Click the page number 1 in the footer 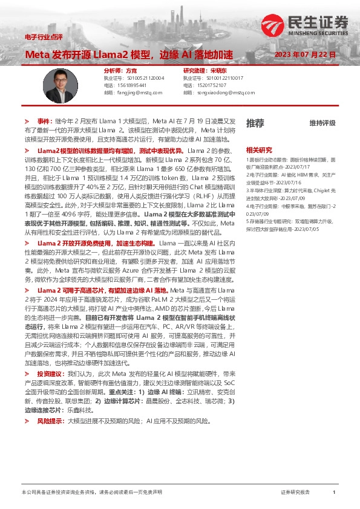pyautogui.click(x=333, y=493)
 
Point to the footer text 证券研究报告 pyautogui.click(x=295, y=493)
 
